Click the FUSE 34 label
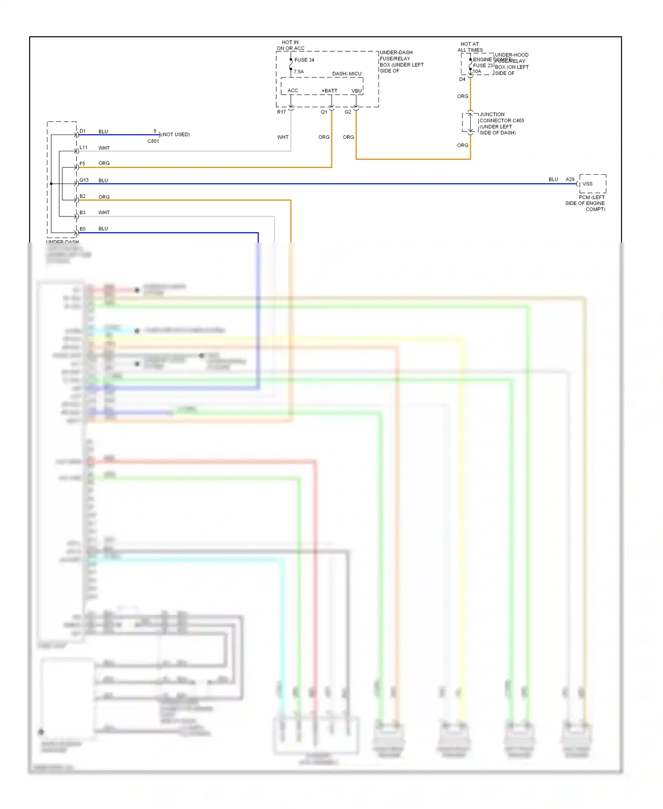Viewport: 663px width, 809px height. [x=304, y=60]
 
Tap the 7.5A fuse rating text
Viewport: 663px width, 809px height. [x=299, y=72]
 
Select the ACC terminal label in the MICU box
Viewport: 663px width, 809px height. [x=293, y=91]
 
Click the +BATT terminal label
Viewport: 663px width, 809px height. [x=329, y=91]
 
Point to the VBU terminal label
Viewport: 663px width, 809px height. [x=356, y=91]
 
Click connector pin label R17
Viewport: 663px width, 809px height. [x=281, y=112]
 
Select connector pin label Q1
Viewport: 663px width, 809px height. [x=324, y=112]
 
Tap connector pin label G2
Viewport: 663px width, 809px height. [x=348, y=112]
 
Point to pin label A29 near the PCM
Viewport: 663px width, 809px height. [x=570, y=179]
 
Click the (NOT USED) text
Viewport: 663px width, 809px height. [x=175, y=135]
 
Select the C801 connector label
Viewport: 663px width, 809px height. [x=153, y=141]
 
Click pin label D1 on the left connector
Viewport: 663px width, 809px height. [x=83, y=131]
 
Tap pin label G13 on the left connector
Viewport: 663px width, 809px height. [x=84, y=180]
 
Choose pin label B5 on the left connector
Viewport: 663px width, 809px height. [x=83, y=229]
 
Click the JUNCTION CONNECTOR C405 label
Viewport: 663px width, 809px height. [x=501, y=117]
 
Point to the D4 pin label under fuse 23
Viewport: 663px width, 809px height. [x=462, y=79]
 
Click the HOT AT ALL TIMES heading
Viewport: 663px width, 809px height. [x=470, y=47]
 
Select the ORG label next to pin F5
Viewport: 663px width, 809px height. [x=104, y=163]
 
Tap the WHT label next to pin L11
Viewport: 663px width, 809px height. [x=104, y=148]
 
